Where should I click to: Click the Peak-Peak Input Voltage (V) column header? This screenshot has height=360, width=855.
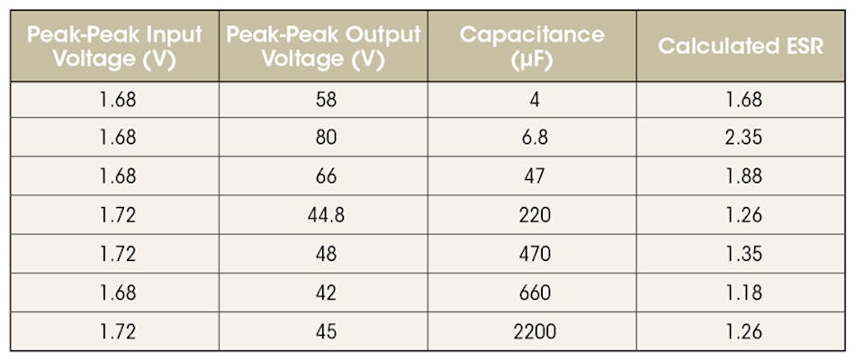[x=114, y=47]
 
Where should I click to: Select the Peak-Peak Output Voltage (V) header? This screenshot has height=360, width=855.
[x=323, y=47]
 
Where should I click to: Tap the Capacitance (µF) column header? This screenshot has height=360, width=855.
[x=532, y=47]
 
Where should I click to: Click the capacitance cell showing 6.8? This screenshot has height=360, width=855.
[x=534, y=139]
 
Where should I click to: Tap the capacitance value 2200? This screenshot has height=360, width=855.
[x=534, y=332]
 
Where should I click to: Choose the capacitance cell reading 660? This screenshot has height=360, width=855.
[x=534, y=293]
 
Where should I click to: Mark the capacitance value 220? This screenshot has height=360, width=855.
[x=534, y=216]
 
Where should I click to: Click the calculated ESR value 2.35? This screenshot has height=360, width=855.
[x=743, y=139]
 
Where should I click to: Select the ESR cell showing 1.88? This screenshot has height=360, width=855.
[x=743, y=177]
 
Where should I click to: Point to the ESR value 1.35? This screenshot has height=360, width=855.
[x=743, y=255]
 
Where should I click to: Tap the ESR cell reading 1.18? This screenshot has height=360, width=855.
[x=743, y=293]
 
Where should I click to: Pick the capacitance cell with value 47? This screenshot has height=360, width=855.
[x=534, y=177]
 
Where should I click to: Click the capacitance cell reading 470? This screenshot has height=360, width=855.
[x=534, y=255]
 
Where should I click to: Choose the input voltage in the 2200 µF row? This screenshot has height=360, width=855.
[x=118, y=332]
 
